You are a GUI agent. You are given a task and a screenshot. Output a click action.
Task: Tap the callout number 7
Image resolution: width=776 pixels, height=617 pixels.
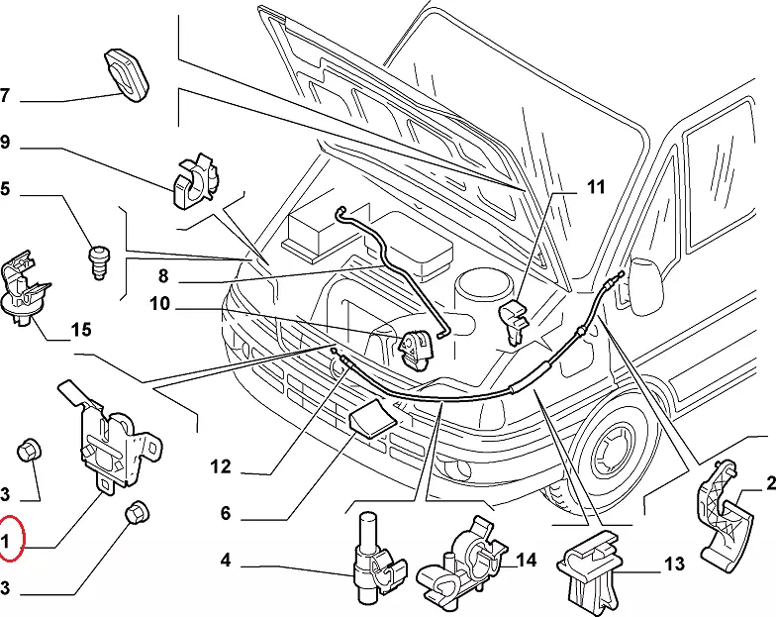click(5, 96)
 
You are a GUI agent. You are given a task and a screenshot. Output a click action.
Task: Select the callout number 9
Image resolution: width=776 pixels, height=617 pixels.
click(5, 143)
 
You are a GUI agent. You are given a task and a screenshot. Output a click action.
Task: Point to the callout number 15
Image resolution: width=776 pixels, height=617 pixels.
click(81, 330)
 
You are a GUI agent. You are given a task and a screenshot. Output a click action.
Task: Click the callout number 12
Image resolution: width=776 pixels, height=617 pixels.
click(220, 466)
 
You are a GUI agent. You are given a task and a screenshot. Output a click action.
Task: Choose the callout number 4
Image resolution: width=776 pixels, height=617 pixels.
click(226, 562)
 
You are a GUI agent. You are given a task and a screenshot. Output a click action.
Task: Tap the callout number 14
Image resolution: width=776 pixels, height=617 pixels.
click(526, 561)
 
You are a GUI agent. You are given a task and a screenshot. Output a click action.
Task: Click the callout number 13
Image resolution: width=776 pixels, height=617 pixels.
click(673, 565)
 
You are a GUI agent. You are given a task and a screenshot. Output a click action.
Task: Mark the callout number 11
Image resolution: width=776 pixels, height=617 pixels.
click(595, 186)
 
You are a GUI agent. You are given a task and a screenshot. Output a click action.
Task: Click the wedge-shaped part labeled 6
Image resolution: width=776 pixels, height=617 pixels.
click(371, 420)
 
